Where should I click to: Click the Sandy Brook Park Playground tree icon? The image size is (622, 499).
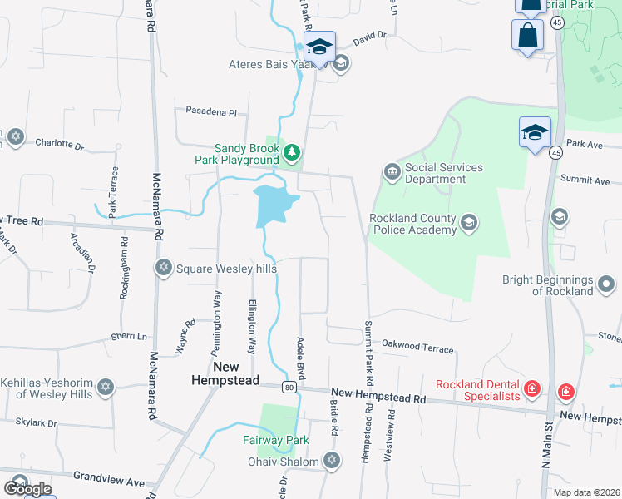click(291, 152)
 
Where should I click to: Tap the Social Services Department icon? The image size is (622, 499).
click(392, 173)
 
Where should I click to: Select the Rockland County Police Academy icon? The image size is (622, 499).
click(469, 222)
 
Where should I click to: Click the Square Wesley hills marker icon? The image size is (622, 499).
click(163, 267)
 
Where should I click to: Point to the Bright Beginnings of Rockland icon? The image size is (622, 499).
click(607, 284)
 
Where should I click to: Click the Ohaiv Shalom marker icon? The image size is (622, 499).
click(332, 461)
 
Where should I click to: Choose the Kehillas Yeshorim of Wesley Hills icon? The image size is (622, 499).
click(105, 388)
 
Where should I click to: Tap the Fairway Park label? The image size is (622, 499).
click(276, 440)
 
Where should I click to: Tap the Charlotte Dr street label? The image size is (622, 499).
click(59, 144)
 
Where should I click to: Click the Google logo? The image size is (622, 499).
click(27, 489)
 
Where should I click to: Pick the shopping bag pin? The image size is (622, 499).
click(527, 36)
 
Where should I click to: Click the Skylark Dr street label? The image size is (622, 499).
click(35, 422)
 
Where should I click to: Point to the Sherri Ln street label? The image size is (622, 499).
click(128, 336)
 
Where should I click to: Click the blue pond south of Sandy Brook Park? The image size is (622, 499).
click(273, 205)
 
